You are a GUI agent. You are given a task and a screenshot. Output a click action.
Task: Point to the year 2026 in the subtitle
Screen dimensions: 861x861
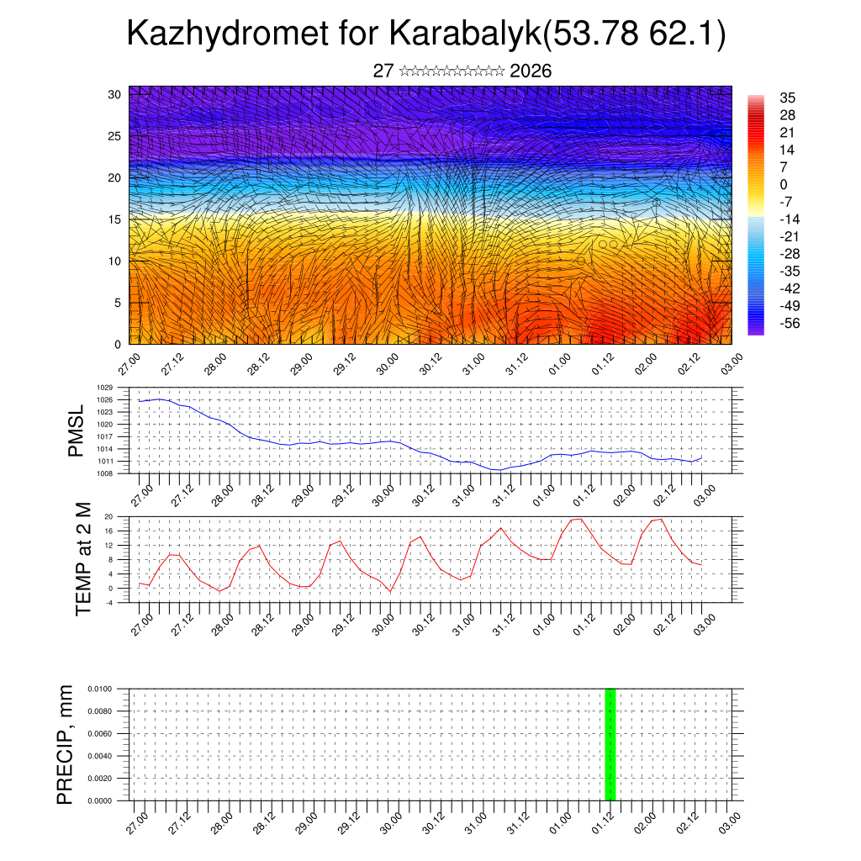tap(531, 71)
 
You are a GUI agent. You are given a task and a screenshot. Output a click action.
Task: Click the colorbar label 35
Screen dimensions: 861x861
tap(788, 98)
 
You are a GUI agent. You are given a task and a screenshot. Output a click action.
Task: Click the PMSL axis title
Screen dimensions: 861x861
tap(77, 431)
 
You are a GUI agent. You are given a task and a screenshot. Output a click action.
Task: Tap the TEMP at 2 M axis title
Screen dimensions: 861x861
tap(82, 559)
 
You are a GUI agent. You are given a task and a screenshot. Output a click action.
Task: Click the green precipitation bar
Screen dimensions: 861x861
tap(610, 744)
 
